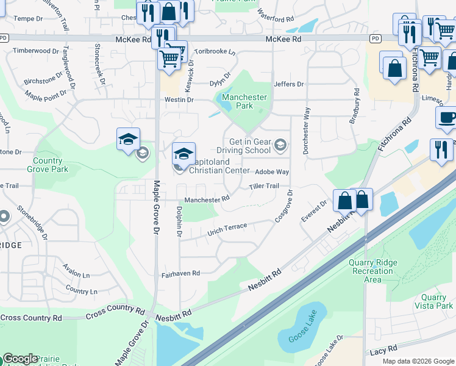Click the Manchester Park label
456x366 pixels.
point(244,101)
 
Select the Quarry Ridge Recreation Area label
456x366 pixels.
point(372,271)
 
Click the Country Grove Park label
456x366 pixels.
point(48,165)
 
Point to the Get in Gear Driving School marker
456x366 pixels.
point(280,145)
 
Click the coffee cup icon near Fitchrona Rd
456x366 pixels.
point(447,118)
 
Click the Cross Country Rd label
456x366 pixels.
point(31,318)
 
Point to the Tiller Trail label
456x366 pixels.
point(263,186)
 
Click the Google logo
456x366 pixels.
point(20,359)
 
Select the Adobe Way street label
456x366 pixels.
point(271,172)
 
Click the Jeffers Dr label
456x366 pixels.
point(288,84)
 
